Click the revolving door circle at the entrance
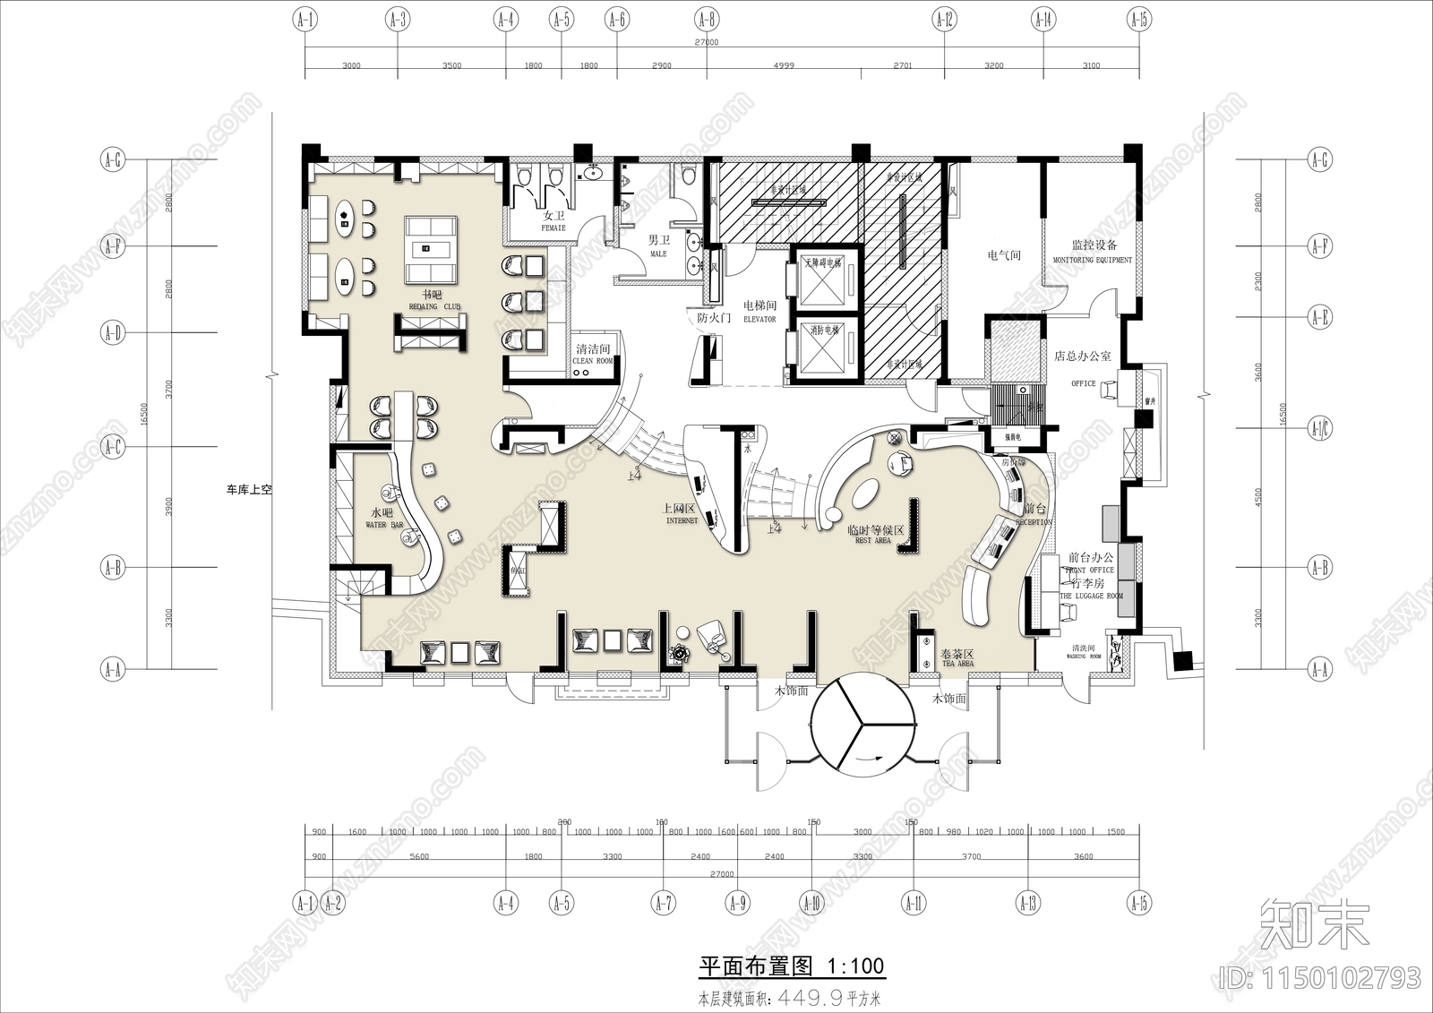click(862, 725)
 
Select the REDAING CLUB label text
click(434, 306)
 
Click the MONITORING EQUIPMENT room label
click(1092, 260)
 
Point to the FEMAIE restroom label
click(553, 228)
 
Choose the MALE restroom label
click(658, 254)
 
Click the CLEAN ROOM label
click(593, 361)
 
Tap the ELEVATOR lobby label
click(759, 319)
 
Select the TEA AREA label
click(957, 664)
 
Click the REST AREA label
click(873, 541)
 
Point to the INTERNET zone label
click(682, 520)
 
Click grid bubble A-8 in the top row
click(706, 18)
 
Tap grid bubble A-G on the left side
click(112, 160)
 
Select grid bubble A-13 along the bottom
click(1028, 903)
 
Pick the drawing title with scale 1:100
click(791, 966)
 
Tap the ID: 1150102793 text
click(1320, 975)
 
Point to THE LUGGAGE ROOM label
click(1091, 596)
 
